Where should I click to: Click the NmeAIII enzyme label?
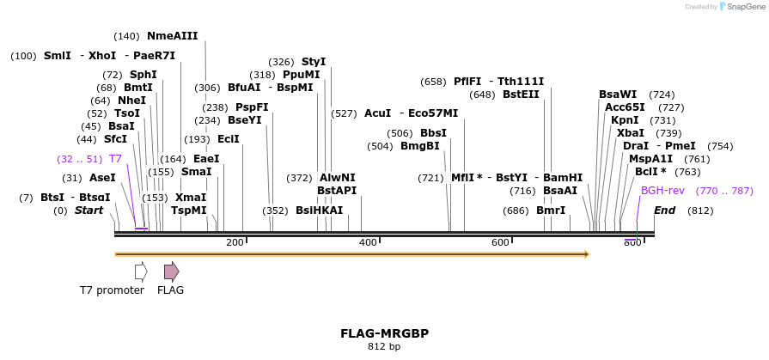point(172,36)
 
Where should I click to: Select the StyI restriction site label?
point(314,62)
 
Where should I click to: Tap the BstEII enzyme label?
point(521,95)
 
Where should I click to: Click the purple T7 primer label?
point(115,159)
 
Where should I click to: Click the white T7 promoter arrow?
point(141,272)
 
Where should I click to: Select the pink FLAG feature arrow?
point(171,272)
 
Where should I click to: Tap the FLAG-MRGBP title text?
point(384,333)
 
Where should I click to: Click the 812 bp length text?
point(384,347)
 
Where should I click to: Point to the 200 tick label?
point(235,243)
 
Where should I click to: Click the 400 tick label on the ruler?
point(368,243)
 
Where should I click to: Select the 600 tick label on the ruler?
point(501,243)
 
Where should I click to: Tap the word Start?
point(88,211)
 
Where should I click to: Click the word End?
point(665,211)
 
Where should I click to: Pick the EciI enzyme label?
point(229,139)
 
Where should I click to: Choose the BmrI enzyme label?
point(551,211)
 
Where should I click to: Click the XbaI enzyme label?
point(631,133)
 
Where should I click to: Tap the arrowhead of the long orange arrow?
point(587,254)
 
